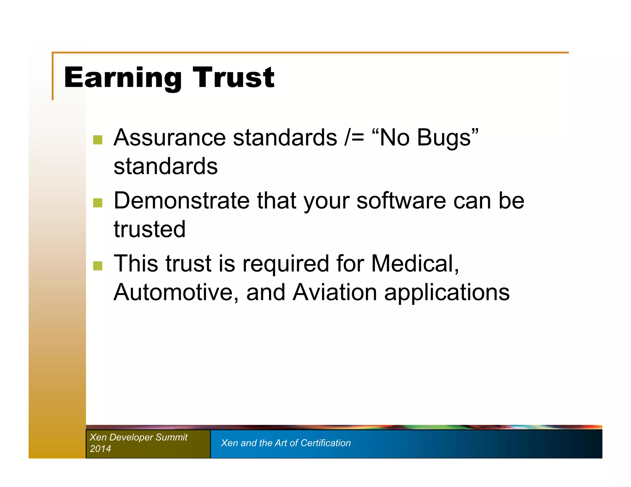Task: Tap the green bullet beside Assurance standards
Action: tap(98, 140)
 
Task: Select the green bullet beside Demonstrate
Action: tap(98, 203)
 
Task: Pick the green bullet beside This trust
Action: tap(98, 266)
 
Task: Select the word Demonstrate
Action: tap(181, 201)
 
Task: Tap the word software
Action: tap(401, 201)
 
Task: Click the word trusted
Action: tap(149, 229)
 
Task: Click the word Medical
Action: tap(415, 264)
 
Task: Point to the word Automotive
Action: tap(176, 292)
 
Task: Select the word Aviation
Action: tap(335, 292)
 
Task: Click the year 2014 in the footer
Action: tap(100, 449)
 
